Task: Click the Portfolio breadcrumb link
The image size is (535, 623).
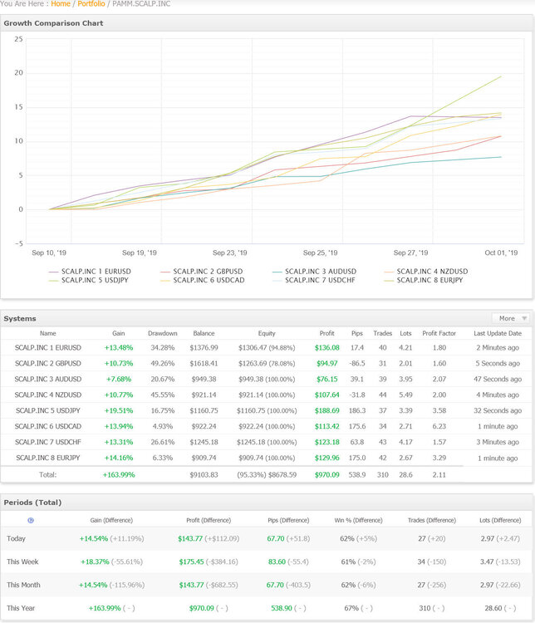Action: pyautogui.click(x=91, y=3)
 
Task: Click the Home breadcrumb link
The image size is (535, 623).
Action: pyautogui.click(x=61, y=3)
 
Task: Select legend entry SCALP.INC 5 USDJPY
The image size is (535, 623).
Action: pyautogui.click(x=88, y=280)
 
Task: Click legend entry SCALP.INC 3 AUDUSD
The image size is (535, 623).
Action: pyautogui.click(x=314, y=272)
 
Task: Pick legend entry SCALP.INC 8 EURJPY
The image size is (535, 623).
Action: pyautogui.click(x=424, y=280)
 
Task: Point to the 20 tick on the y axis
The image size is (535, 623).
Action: pyautogui.click(x=18, y=73)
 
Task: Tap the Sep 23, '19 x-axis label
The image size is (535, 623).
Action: pyautogui.click(x=230, y=253)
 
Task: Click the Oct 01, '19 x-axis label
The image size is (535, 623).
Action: pyautogui.click(x=501, y=253)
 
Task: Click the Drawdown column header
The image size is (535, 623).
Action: pyautogui.click(x=163, y=333)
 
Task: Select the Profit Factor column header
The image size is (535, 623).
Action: pyautogui.click(x=439, y=333)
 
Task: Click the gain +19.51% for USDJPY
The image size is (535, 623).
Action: pyautogui.click(x=119, y=410)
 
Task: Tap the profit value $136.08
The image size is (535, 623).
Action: pyautogui.click(x=327, y=348)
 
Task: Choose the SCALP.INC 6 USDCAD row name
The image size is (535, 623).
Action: pyautogui.click(x=47, y=426)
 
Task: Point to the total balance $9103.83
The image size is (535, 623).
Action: pyautogui.click(x=204, y=475)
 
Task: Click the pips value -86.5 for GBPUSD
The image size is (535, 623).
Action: pyautogui.click(x=357, y=364)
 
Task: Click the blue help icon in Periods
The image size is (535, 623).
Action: pyautogui.click(x=31, y=521)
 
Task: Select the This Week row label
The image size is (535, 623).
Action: pyautogui.click(x=22, y=562)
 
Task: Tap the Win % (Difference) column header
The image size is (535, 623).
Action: pyautogui.click(x=358, y=521)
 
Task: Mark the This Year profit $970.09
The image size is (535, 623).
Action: pyautogui.click(x=202, y=608)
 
